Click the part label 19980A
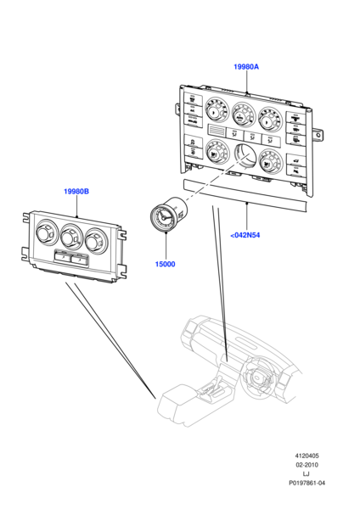tap(246, 66)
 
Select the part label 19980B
tap(76, 191)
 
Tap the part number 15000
tap(165, 264)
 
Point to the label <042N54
tap(245, 235)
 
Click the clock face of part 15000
tap(162, 218)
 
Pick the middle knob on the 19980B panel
tap(70, 237)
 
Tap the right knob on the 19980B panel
tap(94, 242)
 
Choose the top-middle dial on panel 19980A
tap(243, 114)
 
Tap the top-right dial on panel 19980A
tap(270, 119)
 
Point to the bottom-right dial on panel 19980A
tap(271, 161)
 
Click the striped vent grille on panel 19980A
tap(216, 131)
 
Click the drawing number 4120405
tap(307, 456)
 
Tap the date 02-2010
tap(307, 465)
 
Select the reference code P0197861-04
tap(307, 483)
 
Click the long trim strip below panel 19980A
tap(245, 195)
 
